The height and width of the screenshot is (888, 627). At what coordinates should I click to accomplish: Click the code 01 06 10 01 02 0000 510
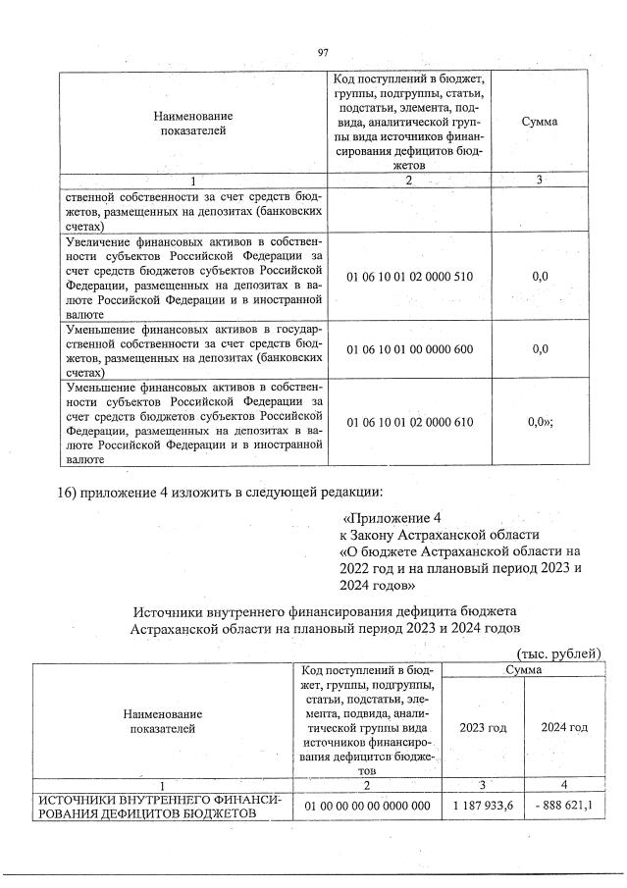pos(410,277)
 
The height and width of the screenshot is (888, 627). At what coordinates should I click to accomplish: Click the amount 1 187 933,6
pos(483,806)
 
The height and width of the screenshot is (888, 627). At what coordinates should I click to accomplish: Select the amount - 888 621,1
pos(564,806)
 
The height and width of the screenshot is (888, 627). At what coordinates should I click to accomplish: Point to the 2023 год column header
pos(483,727)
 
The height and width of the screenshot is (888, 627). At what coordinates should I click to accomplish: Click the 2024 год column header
pos(564,727)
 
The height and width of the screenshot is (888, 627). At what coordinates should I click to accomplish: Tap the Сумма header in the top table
pos(540,121)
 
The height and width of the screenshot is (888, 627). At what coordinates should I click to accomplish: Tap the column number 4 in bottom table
pos(564,786)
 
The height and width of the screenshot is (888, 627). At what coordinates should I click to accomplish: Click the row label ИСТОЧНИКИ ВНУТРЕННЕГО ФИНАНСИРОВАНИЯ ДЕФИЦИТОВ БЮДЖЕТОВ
pos(160,806)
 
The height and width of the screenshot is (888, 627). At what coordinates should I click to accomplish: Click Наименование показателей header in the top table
pos(193,122)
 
